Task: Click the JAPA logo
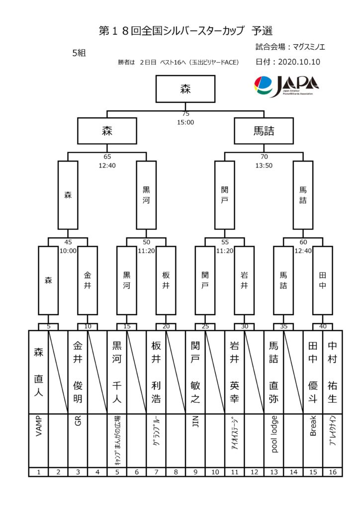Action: click(x=286, y=86)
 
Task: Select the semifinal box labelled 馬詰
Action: click(x=264, y=131)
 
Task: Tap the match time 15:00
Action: click(x=185, y=122)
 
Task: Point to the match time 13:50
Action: click(x=264, y=165)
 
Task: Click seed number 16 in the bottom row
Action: click(x=332, y=472)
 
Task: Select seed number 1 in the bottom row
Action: click(x=38, y=472)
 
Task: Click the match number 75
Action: click(x=185, y=114)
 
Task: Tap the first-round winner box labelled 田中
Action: click(x=322, y=279)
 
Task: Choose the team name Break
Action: click(x=313, y=426)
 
